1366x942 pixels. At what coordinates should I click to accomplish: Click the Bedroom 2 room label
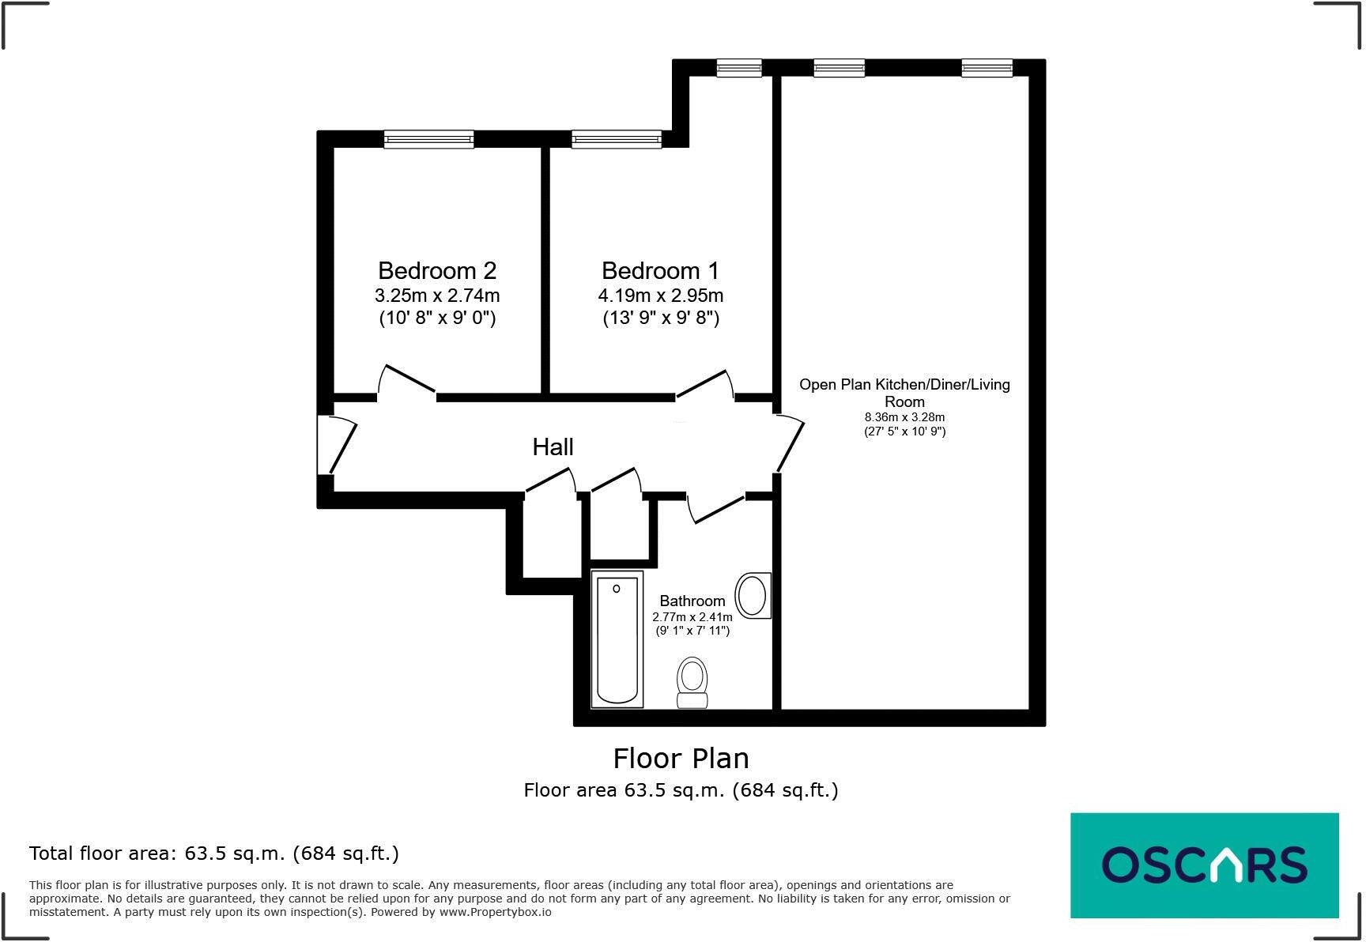click(x=437, y=271)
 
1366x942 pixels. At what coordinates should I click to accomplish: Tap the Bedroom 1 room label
click(x=660, y=271)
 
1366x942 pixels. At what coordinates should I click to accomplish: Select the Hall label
click(x=553, y=447)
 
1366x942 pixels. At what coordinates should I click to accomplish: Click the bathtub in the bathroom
click(x=617, y=639)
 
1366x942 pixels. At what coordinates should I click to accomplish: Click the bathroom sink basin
click(x=752, y=596)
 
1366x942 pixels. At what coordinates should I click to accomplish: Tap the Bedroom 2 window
click(x=428, y=140)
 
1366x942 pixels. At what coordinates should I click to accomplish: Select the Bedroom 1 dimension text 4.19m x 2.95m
click(x=660, y=296)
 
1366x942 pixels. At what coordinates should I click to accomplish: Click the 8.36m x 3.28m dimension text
click(x=904, y=417)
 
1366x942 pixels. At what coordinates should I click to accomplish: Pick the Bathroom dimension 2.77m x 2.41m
click(x=692, y=616)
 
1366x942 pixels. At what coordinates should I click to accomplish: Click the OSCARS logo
click(x=1204, y=865)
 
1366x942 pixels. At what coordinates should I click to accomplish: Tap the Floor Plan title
click(x=681, y=759)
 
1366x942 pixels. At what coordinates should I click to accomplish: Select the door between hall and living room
click(x=790, y=444)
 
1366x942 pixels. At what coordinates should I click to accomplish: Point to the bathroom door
click(x=716, y=509)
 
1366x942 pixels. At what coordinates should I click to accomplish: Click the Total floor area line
click(x=213, y=853)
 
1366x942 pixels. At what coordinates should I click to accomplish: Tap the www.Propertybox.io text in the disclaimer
click(x=496, y=912)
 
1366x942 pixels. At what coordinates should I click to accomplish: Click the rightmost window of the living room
click(x=987, y=69)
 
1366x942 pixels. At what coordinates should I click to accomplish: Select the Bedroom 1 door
click(x=704, y=383)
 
